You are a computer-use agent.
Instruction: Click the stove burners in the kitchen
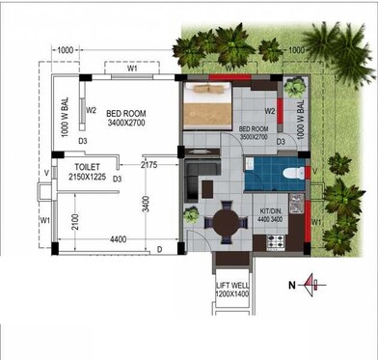292,233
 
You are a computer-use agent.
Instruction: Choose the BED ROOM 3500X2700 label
254,133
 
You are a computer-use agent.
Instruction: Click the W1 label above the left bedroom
131,69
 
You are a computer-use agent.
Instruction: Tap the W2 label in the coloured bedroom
271,111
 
